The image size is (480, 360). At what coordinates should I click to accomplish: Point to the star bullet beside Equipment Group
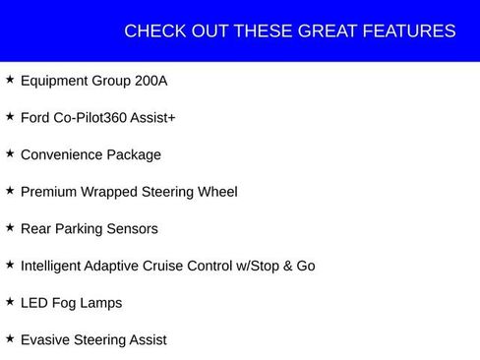(10, 79)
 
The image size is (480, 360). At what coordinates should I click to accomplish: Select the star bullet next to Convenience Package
(10, 152)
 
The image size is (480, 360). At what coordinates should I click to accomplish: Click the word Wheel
(216, 192)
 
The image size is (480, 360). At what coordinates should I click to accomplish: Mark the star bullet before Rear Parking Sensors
(10, 226)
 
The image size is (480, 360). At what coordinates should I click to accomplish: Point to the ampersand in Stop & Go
(287, 266)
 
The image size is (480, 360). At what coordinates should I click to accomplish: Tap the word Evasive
(44, 339)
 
